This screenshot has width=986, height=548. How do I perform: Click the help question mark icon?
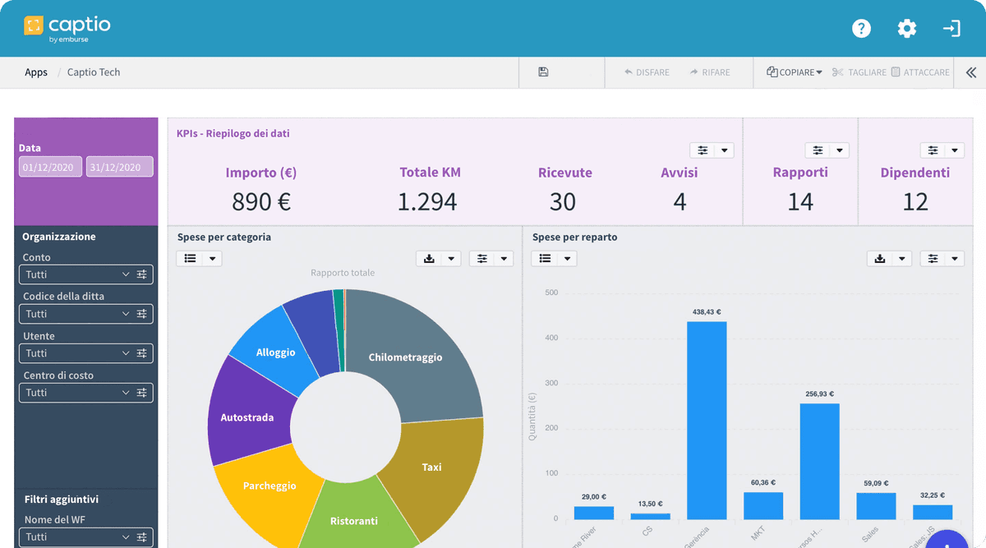coord(861,29)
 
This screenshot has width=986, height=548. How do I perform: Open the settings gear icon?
coord(906,29)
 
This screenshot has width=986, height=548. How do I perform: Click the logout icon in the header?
coord(951,29)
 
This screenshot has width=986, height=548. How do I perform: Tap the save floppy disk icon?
coord(543,72)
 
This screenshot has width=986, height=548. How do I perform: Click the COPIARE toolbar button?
coord(795,72)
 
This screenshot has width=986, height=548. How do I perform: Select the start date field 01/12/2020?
coord(50,167)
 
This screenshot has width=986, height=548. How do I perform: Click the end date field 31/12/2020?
coord(119,167)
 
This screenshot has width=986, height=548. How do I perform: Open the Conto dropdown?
coord(86,274)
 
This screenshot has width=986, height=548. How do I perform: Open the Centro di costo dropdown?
coord(86,393)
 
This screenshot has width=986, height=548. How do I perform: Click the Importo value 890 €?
coord(261,201)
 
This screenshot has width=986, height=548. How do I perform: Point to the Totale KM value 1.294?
coord(427,201)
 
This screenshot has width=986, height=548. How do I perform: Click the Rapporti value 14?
coord(800,201)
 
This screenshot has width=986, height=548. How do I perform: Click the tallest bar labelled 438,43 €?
coord(707,419)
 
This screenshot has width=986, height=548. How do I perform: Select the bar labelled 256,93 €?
coord(819,460)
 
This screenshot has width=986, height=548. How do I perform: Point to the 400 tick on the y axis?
coord(551,338)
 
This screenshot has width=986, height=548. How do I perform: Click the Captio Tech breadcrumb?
coord(94,72)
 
